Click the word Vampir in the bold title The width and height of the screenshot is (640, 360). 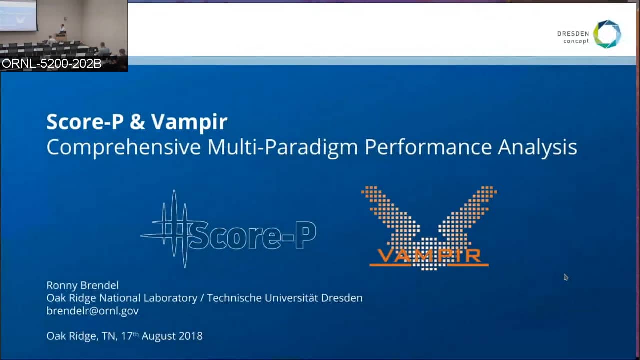coord(189,122)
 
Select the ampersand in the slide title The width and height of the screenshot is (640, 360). coord(137,122)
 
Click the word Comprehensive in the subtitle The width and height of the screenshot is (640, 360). coord(123,147)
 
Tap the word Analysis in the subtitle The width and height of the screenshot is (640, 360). coord(537,148)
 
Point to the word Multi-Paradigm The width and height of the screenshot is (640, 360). coord(283,147)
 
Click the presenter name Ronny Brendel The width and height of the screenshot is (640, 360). coord(83,285)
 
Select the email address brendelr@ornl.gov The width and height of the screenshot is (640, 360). coord(93,311)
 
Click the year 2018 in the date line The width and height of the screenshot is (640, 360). coord(191,336)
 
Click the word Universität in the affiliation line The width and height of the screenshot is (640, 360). coord(291,298)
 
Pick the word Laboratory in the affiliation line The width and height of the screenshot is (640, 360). coord(170,298)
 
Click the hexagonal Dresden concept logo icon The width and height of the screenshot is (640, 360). coord(607,34)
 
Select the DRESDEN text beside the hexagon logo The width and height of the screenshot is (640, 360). coord(573,34)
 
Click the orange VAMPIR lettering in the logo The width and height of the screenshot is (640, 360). coord(429,255)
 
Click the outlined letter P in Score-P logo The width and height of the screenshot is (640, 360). coord(306,235)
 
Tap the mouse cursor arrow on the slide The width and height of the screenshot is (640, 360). coord(566,277)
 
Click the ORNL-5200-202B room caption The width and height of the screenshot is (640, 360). coord(51,63)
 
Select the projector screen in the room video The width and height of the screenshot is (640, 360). coord(18,15)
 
